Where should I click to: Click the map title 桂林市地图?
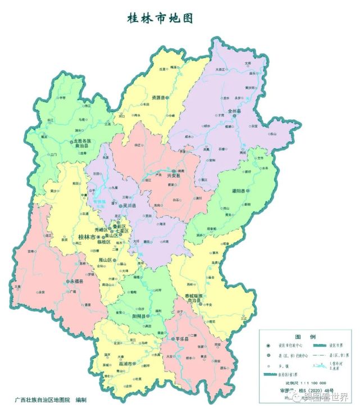click(160, 19)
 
